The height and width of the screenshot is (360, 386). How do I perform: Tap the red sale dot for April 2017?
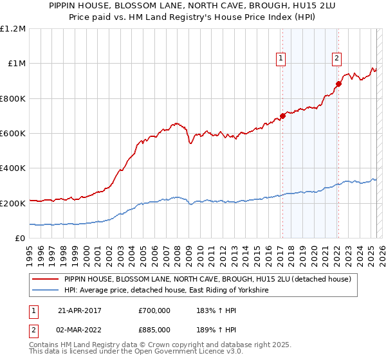click(282, 116)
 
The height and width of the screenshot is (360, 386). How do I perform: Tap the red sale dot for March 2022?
click(338, 84)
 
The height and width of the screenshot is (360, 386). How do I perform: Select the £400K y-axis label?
click(12, 168)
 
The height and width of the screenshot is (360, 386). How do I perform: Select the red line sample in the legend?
click(45, 279)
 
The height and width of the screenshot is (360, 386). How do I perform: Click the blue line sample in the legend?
click(45, 291)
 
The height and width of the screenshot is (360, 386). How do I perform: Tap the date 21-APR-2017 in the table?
click(79, 310)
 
